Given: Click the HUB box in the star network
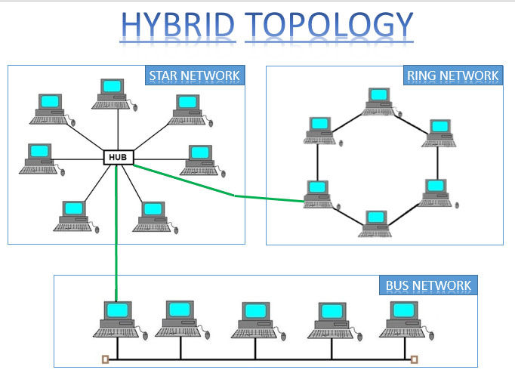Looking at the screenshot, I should (119, 158).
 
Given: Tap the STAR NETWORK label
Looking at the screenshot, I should (194, 76).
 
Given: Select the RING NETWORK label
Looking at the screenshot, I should (452, 76).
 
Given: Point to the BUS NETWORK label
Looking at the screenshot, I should (427, 285).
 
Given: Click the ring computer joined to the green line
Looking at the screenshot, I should (318, 193).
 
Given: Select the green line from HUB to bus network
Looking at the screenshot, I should (116, 234).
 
